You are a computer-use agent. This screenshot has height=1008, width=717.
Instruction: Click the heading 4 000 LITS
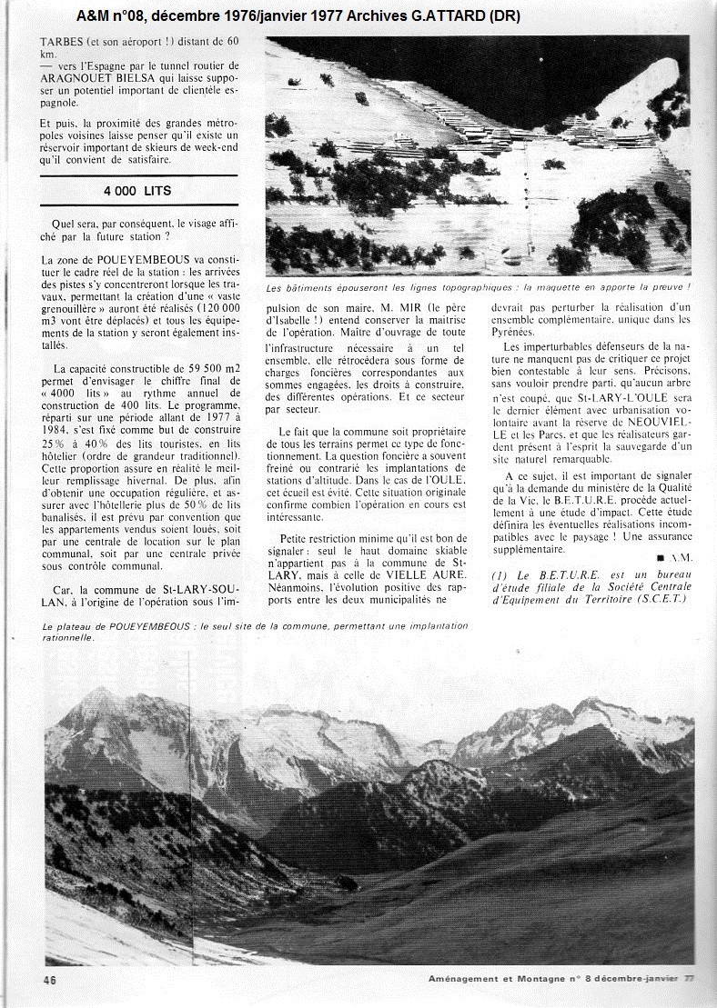tap(138, 191)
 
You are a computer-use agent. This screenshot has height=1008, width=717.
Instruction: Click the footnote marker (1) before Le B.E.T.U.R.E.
tap(499, 574)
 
